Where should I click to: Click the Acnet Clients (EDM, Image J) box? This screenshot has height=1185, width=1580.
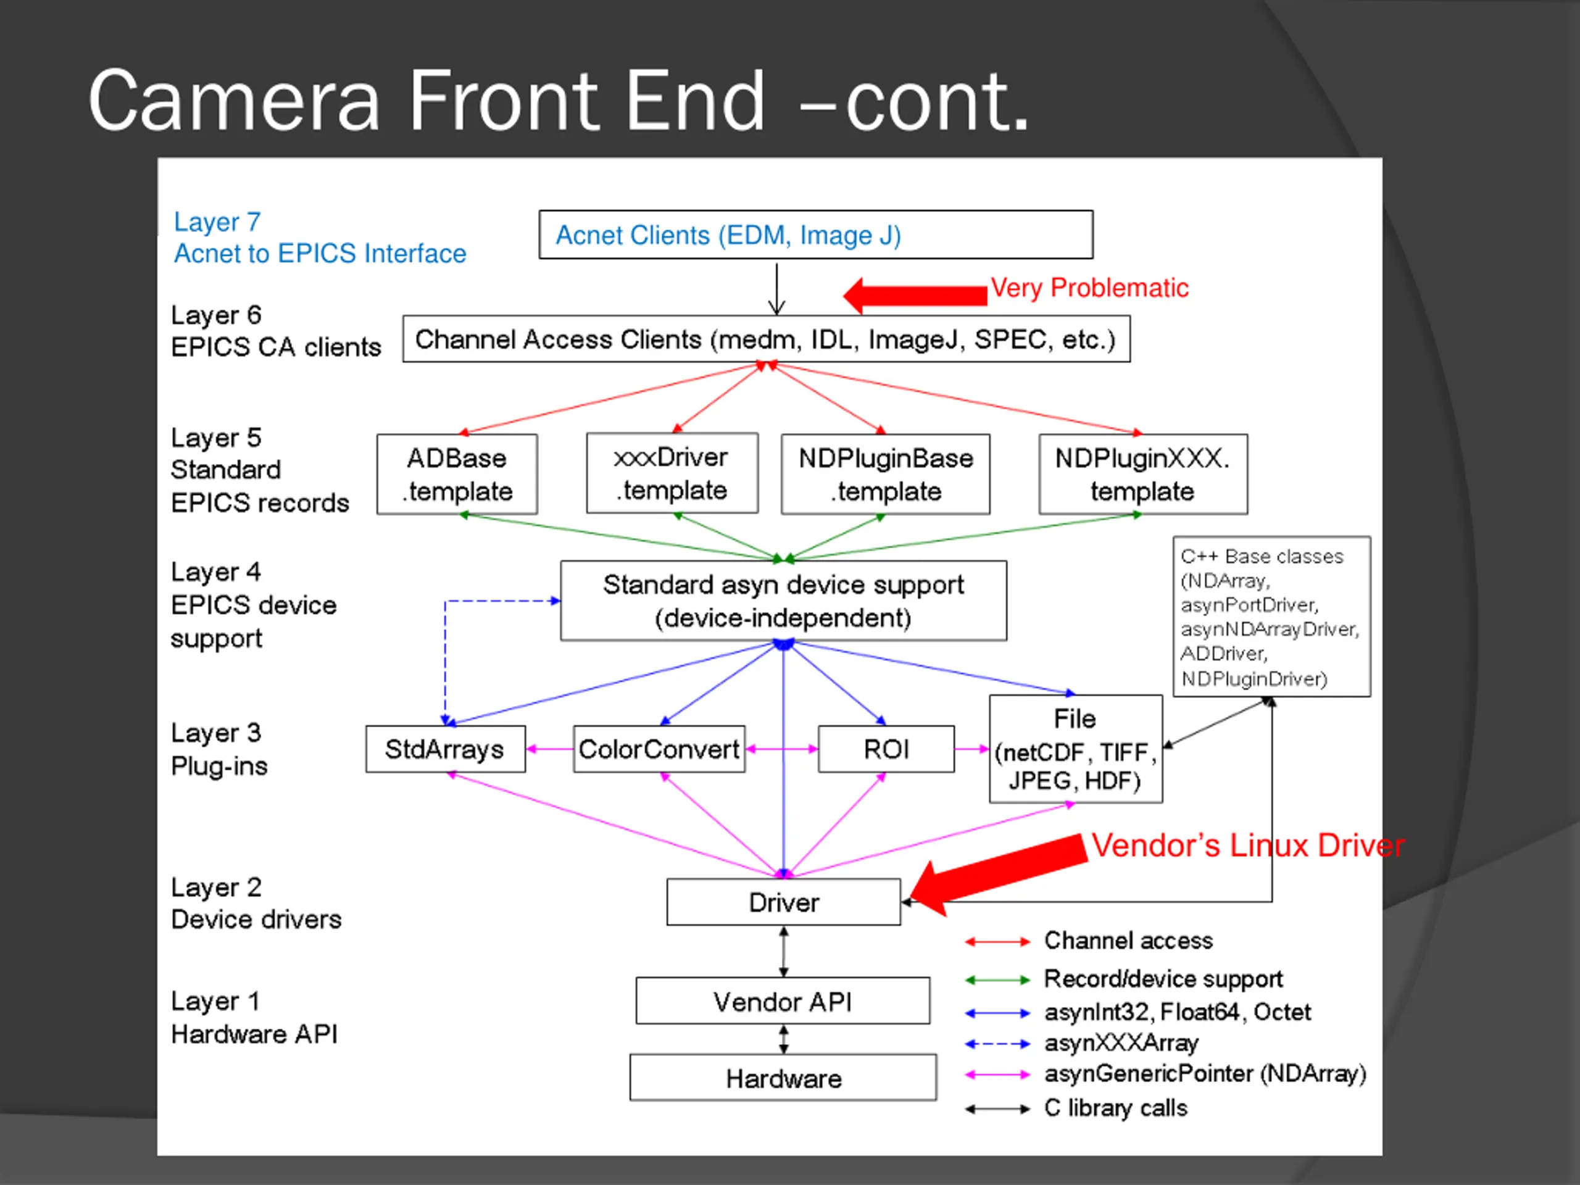pos(816,235)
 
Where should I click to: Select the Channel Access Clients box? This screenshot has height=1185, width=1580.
pos(767,339)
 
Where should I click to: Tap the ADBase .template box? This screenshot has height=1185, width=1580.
pos(457,474)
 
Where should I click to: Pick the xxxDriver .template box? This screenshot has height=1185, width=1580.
pos(672,473)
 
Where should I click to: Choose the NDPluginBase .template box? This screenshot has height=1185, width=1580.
pos(886,474)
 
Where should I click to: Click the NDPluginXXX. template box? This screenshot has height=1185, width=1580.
pos(1144,474)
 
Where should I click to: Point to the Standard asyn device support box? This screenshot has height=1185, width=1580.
pos(784,601)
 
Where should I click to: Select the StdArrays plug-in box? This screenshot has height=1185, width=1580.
pos(446,749)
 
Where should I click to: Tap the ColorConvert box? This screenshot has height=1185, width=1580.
pos(659,749)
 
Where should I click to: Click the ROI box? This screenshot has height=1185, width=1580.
pos(886,749)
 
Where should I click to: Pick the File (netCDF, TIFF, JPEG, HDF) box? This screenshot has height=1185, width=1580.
pos(1076,749)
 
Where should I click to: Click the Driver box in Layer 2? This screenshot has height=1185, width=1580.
pos(784,902)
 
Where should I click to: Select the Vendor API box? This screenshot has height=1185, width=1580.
pos(783,1000)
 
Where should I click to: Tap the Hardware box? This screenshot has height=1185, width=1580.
pos(783,1078)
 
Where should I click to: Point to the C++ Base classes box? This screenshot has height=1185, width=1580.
pos(1272,617)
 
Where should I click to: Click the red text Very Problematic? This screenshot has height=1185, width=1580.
pos(1089,288)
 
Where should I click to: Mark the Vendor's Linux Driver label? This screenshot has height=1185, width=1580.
pos(1248,846)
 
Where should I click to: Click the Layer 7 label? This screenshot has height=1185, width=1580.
pos(217,222)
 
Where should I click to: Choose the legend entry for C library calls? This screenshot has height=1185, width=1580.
pos(1076,1108)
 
